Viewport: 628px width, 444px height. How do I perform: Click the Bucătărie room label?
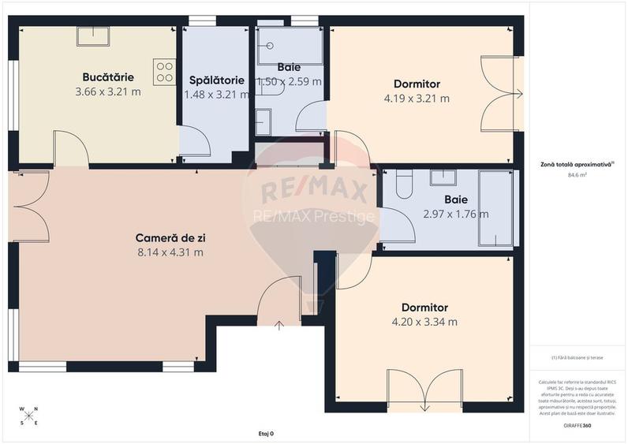pos(108,77)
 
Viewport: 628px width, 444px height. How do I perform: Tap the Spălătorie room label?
pos(215,80)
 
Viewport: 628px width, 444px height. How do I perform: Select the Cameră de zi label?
pos(170,237)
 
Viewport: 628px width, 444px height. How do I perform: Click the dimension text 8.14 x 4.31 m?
pos(170,252)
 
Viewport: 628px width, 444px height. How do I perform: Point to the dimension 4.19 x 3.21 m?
pos(417,99)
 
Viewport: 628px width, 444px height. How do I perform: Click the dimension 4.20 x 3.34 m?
pos(424,322)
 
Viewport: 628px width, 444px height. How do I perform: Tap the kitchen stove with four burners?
pos(165,73)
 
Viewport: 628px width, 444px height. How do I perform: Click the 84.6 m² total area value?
pos(574,175)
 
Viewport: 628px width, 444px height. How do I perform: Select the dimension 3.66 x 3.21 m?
pos(108,91)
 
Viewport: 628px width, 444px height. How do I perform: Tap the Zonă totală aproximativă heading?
pos(573,163)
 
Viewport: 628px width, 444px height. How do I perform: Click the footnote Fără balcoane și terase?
pos(576,357)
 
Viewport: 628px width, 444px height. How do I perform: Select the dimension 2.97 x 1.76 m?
pos(456,214)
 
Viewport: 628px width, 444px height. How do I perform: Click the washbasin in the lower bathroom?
pos(443,177)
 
